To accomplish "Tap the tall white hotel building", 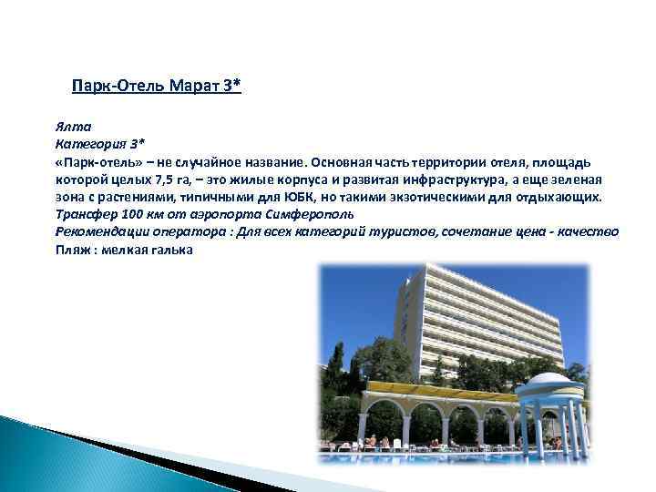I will click(474, 319).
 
